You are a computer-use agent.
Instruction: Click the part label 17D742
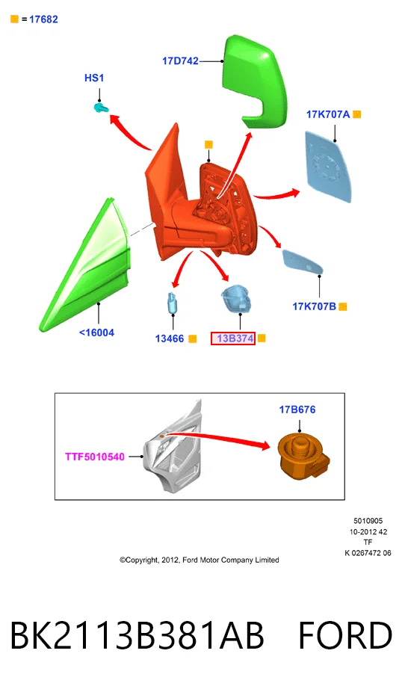181,61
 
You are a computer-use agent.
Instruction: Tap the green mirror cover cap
257,81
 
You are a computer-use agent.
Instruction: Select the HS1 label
94,78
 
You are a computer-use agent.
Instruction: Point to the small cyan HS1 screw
102,107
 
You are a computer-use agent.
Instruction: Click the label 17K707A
328,114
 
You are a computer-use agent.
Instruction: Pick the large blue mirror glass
329,167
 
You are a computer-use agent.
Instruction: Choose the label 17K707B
314,306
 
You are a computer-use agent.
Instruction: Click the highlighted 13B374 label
233,338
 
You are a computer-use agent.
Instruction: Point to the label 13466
170,339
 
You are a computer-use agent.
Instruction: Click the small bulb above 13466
173,303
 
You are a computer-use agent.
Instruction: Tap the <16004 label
96,333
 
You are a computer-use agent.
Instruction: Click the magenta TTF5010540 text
95,457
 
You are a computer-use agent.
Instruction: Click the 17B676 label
297,410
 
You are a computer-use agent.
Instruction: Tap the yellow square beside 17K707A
356,114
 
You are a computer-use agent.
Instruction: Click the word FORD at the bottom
345,635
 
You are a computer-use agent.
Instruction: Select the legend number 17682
43,19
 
